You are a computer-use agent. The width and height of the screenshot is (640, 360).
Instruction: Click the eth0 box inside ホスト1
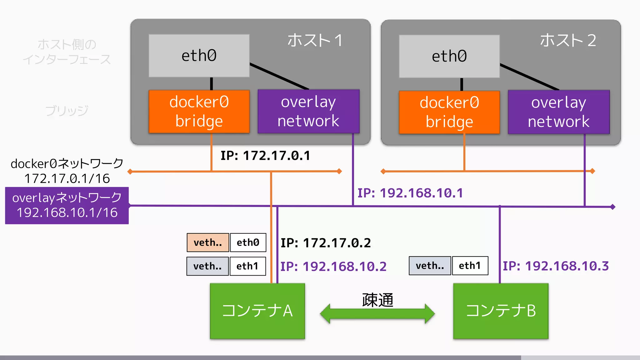click(x=199, y=56)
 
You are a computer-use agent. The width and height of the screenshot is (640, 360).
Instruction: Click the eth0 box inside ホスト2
click(x=449, y=56)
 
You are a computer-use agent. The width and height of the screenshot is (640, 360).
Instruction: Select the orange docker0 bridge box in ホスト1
click(x=199, y=112)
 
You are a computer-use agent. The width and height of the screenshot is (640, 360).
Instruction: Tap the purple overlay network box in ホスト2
click(x=558, y=112)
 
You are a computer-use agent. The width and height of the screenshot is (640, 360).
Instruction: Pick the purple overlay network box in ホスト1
click(x=308, y=112)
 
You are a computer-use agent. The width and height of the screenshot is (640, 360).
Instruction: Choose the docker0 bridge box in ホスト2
click(x=449, y=112)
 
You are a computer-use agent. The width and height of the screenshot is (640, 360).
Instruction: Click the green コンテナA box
click(x=257, y=311)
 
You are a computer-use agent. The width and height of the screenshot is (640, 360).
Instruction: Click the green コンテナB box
click(x=501, y=311)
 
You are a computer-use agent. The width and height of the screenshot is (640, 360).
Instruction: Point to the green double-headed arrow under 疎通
click(x=377, y=314)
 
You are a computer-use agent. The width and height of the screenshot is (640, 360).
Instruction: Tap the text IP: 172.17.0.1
click(x=265, y=156)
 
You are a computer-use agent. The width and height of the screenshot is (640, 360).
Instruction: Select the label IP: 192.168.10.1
click(x=410, y=193)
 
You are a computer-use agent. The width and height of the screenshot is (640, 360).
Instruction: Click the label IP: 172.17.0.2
click(x=325, y=243)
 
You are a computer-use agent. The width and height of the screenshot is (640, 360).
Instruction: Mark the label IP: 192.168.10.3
click(x=556, y=266)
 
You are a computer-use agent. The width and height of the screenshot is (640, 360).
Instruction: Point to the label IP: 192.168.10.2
click(x=333, y=267)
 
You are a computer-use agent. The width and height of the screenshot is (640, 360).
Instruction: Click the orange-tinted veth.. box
click(x=208, y=242)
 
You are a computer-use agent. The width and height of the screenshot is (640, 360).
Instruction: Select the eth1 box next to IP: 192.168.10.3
click(x=470, y=266)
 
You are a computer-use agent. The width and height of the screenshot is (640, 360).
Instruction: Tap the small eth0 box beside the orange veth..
click(x=248, y=242)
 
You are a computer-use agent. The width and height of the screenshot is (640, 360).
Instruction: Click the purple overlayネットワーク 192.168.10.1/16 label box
click(x=67, y=205)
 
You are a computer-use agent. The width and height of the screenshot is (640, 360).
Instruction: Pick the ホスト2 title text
click(x=568, y=41)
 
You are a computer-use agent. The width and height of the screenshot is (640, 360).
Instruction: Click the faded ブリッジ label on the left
click(x=67, y=111)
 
